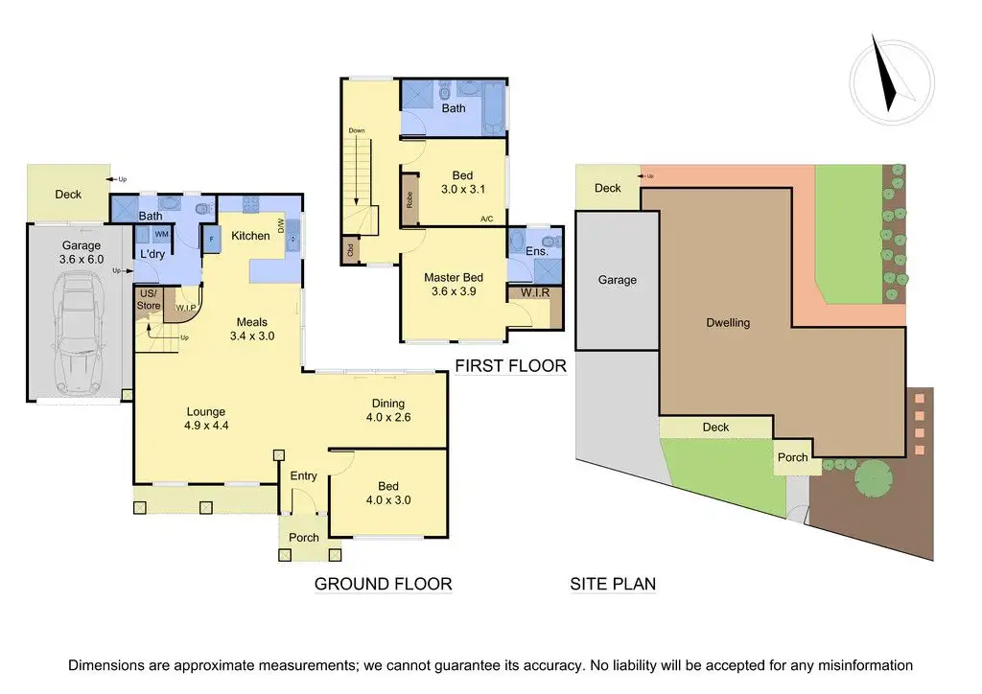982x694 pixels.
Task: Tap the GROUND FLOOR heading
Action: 383,583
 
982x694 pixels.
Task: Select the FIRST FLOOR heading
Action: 510,365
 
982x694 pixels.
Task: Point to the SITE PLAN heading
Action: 613,583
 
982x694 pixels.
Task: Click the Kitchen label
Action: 250,236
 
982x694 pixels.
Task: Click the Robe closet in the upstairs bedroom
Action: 409,200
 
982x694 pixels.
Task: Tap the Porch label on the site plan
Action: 792,457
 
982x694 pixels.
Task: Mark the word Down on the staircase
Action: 357,130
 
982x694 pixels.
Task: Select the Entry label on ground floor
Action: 304,476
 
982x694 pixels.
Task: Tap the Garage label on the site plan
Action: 618,280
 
